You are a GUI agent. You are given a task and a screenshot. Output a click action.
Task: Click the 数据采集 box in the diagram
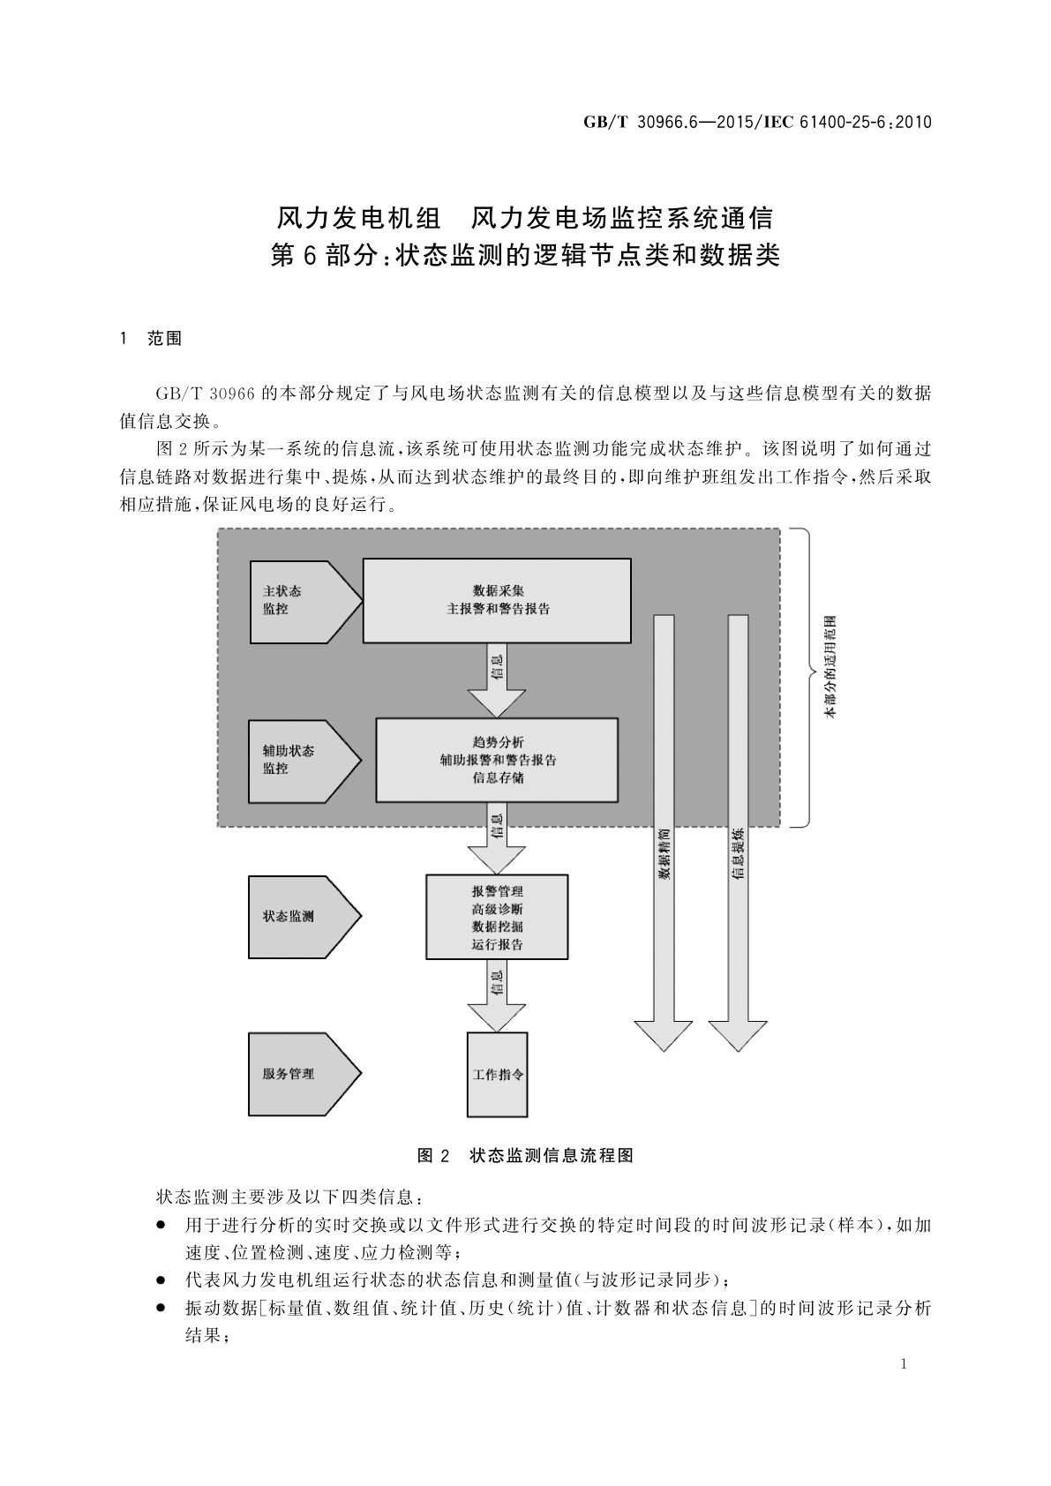coord(497,600)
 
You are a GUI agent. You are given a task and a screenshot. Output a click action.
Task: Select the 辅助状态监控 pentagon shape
coord(300,760)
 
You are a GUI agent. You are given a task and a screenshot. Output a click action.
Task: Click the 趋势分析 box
coord(497,760)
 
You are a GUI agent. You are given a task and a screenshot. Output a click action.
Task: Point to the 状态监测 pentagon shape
coord(300,917)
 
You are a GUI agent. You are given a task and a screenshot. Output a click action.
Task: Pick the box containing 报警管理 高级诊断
coord(497,917)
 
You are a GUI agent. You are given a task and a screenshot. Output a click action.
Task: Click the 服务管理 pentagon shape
coord(300,1074)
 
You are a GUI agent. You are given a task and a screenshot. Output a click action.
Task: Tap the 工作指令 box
coord(497,1075)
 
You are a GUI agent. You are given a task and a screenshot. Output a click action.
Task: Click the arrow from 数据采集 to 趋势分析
coord(497,679)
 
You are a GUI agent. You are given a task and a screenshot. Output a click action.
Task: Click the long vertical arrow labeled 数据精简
coord(664,829)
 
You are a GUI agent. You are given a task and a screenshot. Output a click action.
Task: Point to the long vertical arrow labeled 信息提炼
coord(738,829)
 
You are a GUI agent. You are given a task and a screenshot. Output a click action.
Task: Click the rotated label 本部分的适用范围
coord(830,678)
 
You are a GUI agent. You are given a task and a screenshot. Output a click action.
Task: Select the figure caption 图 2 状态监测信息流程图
coord(525,1155)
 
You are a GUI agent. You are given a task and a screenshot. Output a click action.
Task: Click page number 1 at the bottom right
coord(904,1364)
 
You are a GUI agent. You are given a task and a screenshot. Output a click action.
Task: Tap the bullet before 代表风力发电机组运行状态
coord(161,1280)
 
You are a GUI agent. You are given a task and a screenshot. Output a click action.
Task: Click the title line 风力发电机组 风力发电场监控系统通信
coord(525,217)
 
